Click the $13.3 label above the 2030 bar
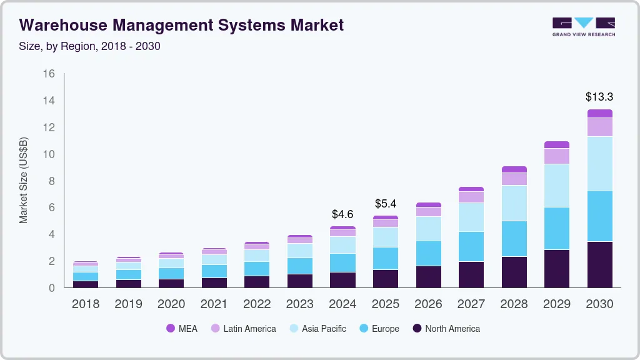click(599, 97)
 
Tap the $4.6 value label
click(342, 214)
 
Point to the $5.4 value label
click(386, 204)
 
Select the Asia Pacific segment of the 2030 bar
click(599, 163)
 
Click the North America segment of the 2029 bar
click(557, 268)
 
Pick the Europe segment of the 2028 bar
click(514, 238)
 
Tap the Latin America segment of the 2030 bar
click(599, 127)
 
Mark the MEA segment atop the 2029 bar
click(557, 144)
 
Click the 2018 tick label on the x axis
click(86, 304)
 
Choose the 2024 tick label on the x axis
click(342, 304)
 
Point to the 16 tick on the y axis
click(49, 74)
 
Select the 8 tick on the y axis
click(52, 181)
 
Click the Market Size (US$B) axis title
click(24, 180)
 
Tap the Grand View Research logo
click(583, 26)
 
